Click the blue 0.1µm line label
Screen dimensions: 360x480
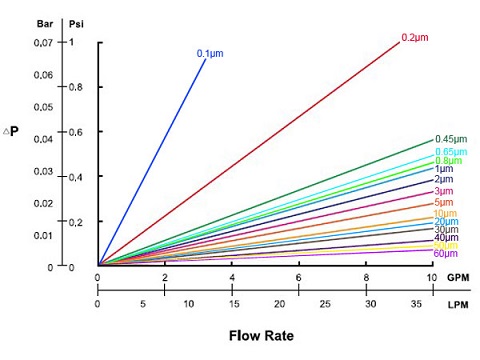208,53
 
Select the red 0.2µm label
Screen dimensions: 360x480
414,37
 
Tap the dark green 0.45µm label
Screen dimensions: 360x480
451,139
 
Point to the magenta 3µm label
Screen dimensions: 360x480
442,191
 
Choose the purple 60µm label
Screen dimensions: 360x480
446,254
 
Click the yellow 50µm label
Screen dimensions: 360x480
446,245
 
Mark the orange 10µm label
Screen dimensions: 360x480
445,213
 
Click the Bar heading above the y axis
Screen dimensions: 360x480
46,22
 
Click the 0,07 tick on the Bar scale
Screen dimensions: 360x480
45,43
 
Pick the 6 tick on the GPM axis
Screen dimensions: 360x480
299,277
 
